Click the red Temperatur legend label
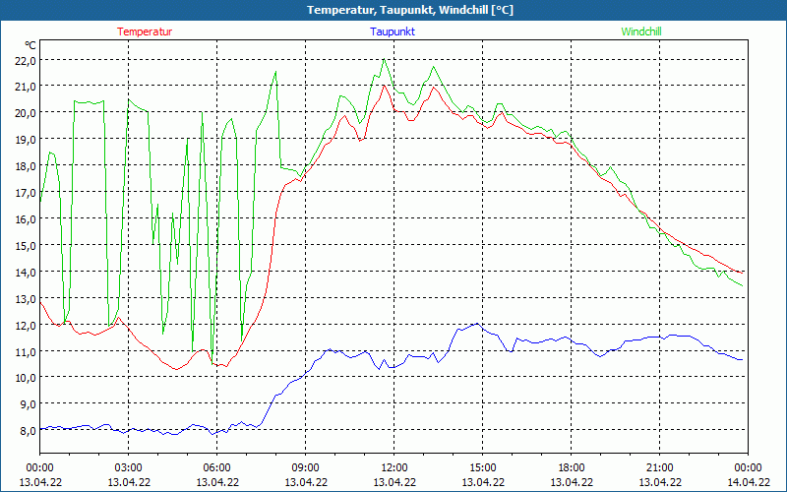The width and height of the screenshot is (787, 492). coord(145,31)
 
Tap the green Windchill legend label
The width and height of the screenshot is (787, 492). coord(641,31)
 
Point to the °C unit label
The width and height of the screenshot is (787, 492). coord(30,45)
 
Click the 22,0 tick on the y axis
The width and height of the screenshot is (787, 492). coord(25,60)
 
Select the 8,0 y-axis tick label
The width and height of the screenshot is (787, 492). coord(25,430)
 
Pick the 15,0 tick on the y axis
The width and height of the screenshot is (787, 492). coord(25,245)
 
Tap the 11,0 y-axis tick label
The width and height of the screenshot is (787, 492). coord(25,351)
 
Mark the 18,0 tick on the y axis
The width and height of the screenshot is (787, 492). coord(25,165)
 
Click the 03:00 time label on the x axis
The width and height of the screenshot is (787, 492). coord(129,467)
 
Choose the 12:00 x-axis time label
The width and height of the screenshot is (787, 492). coord(393,467)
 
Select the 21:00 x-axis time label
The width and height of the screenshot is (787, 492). coord(659,467)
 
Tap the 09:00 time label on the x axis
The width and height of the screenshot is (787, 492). coord(305,467)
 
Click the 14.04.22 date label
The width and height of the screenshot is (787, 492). coord(748,482)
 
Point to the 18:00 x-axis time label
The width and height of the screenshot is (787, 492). coord(571,467)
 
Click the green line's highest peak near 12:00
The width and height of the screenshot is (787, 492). coord(385,60)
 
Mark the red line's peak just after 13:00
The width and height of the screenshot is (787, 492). coord(433,86)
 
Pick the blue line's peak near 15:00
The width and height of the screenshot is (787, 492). coord(477,323)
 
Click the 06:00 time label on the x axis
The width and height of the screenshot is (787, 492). coord(217,467)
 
